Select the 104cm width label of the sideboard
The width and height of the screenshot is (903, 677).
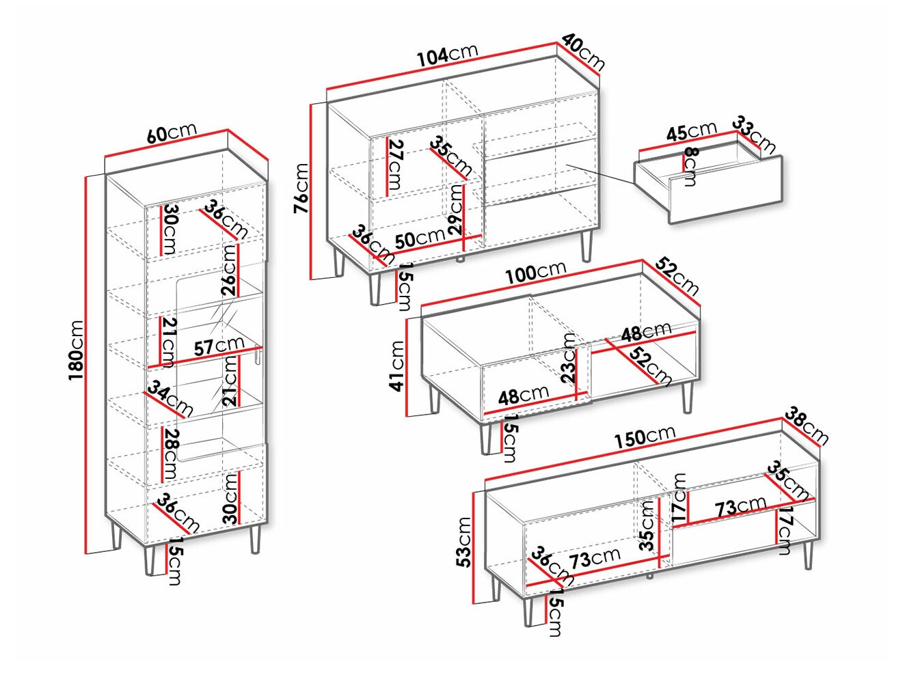448,54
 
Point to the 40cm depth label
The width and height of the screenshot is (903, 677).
583,52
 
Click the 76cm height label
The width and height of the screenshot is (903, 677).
301,189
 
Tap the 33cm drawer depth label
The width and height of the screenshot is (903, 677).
755,135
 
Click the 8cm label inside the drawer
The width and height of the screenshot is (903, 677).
690,167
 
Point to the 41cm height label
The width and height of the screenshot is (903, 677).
397,366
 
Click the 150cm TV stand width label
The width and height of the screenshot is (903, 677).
645,437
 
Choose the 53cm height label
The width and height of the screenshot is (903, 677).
465,543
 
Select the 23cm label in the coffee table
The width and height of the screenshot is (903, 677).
569,358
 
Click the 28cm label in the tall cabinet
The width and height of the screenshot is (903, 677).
170,454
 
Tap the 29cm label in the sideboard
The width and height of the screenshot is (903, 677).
456,210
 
